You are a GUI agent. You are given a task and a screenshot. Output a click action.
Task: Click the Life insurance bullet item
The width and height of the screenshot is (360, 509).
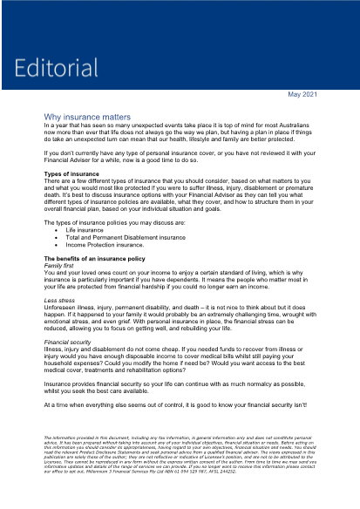[x=97, y=231]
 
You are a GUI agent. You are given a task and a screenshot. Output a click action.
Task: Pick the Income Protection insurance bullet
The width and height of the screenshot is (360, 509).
[x=118, y=245]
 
